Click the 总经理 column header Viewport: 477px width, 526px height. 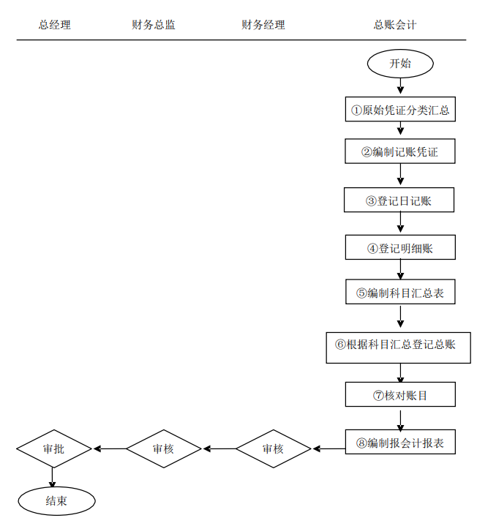pos(55,25)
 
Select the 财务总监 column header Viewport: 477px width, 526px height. pos(154,25)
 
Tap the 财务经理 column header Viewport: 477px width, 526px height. pos(263,25)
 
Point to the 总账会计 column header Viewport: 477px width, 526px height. pos(395,25)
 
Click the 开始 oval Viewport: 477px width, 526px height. pos(400,64)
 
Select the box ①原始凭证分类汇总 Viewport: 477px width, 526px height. pos(400,110)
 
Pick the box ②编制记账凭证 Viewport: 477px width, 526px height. pos(400,151)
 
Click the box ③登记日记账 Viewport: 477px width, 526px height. pos(400,200)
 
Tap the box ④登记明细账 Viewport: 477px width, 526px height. pos(400,247)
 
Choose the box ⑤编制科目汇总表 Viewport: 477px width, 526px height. pos(400,292)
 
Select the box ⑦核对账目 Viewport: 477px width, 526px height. pos(400,395)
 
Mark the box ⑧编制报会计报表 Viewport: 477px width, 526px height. pos(400,443)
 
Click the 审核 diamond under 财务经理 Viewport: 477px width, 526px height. pos(274,448)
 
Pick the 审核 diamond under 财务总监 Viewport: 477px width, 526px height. pos(163,448)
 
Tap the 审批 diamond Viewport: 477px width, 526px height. pos(54,448)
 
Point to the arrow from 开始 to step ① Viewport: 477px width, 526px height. pos(400,86)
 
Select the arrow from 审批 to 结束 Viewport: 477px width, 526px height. pos(53,477)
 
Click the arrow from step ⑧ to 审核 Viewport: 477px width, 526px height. pos(328,448)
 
